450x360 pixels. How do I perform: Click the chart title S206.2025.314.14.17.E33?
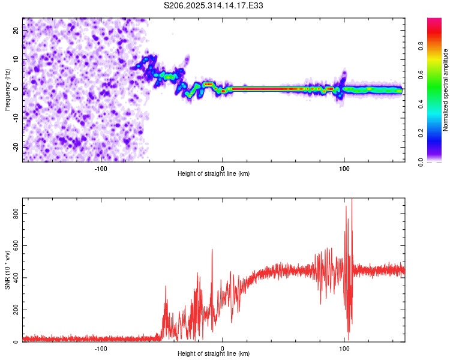tap(214, 5)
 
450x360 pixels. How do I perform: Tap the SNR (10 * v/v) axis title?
tap(7, 270)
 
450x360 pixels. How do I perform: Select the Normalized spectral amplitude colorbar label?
tap(446, 90)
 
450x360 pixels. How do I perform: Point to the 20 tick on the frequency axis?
tap(16, 29)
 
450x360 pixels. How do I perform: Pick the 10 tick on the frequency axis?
tap(16, 59)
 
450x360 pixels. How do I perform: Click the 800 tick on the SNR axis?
tap(14, 213)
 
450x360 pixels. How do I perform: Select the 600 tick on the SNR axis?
tap(14, 245)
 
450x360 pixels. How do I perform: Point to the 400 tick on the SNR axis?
tap(14, 278)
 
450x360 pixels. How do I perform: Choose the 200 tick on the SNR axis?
tap(14, 310)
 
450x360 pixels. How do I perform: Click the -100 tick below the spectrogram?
tap(100, 168)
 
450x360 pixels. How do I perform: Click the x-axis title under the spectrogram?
tap(214, 174)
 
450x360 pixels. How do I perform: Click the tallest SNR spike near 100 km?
tap(352, 200)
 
